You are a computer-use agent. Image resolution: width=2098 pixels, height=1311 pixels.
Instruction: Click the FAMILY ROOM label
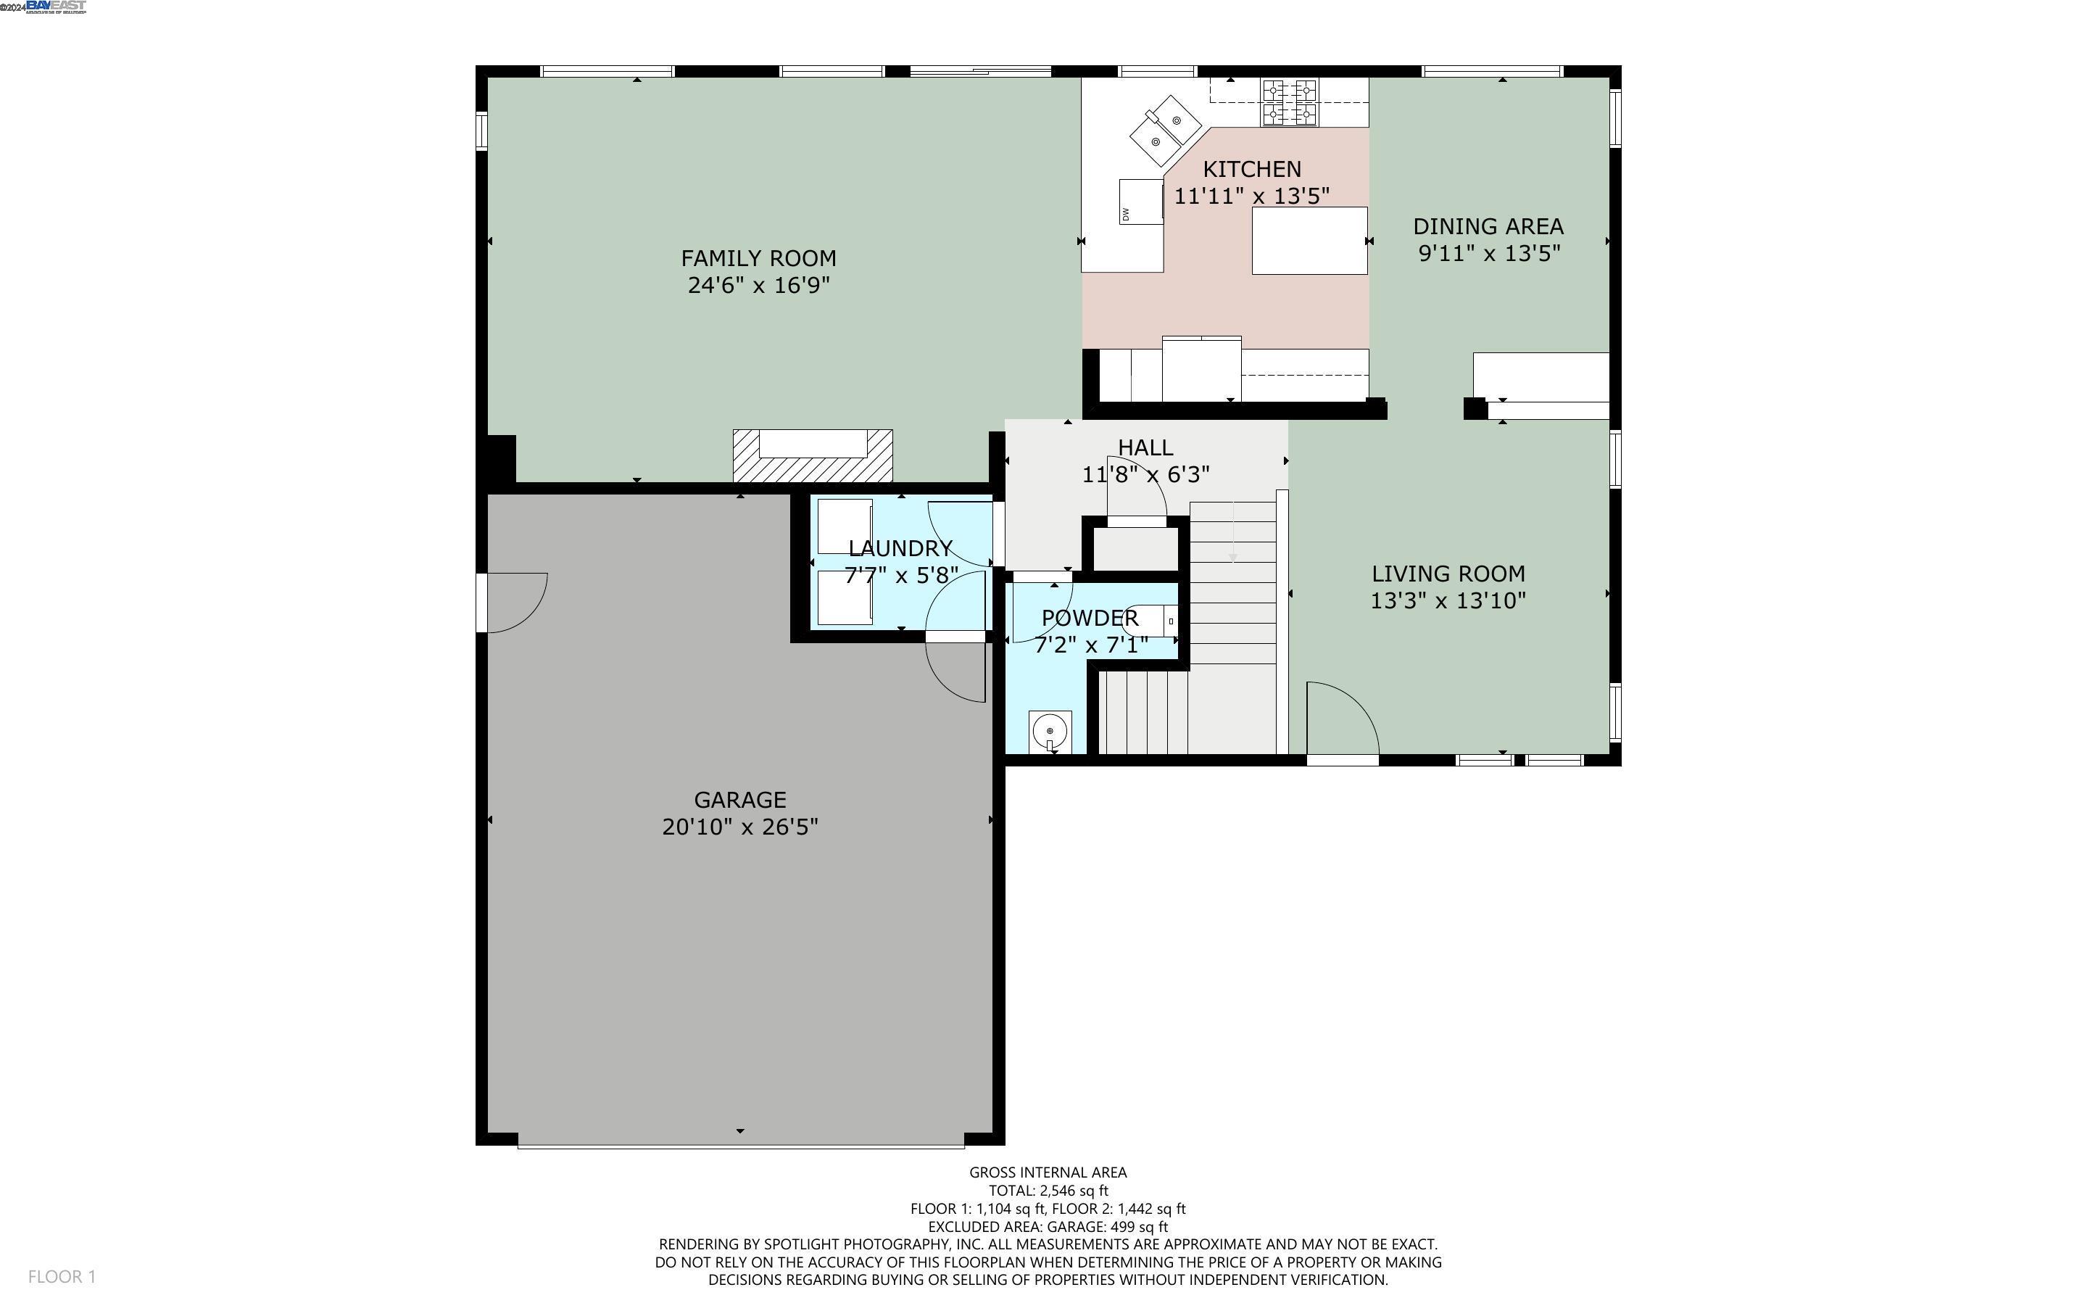pyautogui.click(x=758, y=258)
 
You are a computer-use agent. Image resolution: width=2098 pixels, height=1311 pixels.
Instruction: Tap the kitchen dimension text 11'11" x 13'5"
pyautogui.click(x=1251, y=196)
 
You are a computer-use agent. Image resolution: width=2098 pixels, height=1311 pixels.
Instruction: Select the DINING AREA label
pyautogui.click(x=1488, y=226)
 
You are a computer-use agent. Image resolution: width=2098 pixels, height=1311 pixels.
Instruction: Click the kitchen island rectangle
pyautogui.click(x=1309, y=240)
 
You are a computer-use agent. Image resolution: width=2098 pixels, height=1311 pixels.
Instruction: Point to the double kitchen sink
pyautogui.click(x=1166, y=130)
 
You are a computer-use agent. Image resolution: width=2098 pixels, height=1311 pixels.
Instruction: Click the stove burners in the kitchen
pyautogui.click(x=1290, y=102)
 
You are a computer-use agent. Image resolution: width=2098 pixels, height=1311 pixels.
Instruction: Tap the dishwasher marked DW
pyautogui.click(x=1140, y=202)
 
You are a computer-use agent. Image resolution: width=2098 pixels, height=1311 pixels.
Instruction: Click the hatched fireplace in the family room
pyautogui.click(x=812, y=457)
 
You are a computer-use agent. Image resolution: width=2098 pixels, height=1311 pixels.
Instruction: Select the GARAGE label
pyautogui.click(x=740, y=799)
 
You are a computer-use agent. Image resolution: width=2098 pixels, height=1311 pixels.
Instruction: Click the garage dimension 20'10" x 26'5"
pyautogui.click(x=740, y=827)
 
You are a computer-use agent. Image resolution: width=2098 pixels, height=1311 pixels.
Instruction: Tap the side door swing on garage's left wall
pyautogui.click(x=515, y=602)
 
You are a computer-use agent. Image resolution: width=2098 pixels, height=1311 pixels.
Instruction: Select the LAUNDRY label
pyautogui.click(x=900, y=548)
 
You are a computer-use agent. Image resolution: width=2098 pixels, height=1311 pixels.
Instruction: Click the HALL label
pyautogui.click(x=1145, y=447)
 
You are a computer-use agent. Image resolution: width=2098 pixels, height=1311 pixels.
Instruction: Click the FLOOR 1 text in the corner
pyautogui.click(x=62, y=1276)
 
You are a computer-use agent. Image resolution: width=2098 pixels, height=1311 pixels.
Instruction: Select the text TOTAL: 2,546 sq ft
pyautogui.click(x=1048, y=1191)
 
